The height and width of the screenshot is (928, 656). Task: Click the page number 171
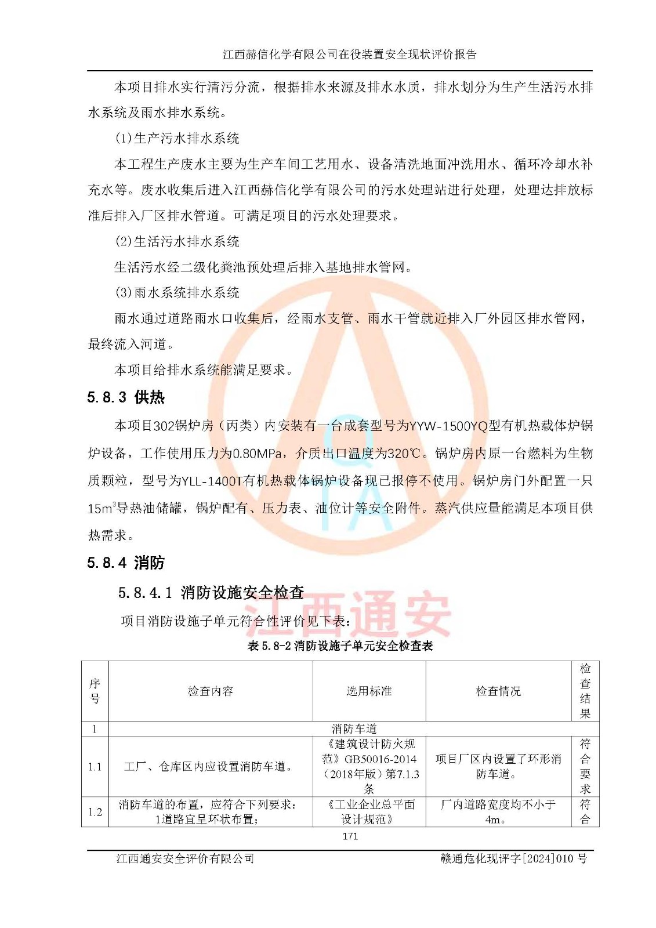(350, 836)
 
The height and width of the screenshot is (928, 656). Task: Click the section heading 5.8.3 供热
(126, 397)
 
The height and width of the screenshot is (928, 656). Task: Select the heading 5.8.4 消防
(126, 563)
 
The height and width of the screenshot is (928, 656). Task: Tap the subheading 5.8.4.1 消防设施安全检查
(211, 592)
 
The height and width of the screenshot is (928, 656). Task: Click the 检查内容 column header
(211, 691)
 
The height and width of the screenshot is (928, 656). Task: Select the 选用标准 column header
(369, 691)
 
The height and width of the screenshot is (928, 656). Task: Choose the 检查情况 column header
(498, 691)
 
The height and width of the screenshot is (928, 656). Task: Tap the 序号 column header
(95, 691)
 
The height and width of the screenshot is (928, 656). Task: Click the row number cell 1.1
(95, 767)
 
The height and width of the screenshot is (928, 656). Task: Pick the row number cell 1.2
(95, 811)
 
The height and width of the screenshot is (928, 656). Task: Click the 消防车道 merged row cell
(354, 728)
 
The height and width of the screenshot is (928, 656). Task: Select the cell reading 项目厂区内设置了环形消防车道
(498, 766)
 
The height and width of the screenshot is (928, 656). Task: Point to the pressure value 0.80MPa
(258, 453)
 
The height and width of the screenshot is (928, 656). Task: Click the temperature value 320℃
(404, 453)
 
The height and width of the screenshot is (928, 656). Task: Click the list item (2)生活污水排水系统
(177, 241)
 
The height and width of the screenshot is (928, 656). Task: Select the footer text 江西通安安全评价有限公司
(185, 858)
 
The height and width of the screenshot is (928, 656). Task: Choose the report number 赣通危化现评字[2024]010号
(513, 858)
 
